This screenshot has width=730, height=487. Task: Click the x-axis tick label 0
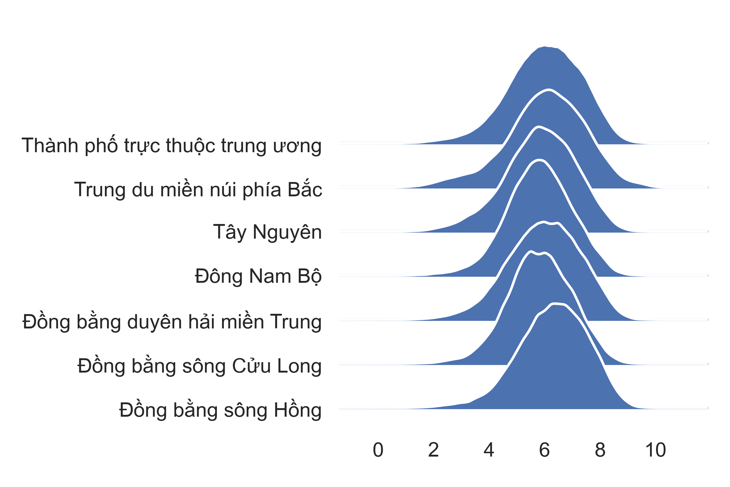[x=378, y=450]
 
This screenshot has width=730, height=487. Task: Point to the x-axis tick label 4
[x=489, y=450]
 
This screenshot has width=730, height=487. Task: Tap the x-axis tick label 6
[x=544, y=450]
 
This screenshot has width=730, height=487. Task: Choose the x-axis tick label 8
[x=600, y=450]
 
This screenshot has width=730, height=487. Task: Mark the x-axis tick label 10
[x=655, y=450]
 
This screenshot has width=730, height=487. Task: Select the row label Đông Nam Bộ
[x=258, y=276]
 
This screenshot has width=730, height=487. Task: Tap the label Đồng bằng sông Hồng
[x=220, y=409]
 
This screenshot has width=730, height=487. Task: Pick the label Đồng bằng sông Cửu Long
[x=200, y=365]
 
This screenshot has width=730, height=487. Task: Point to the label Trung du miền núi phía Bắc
[x=198, y=189]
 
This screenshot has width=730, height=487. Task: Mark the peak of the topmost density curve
[x=545, y=47]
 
